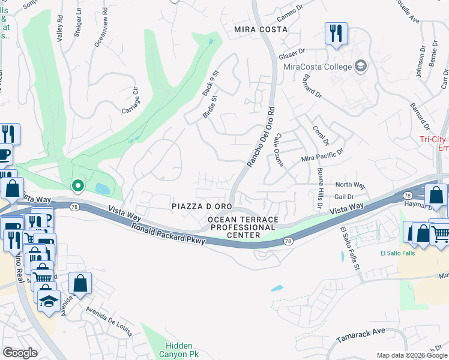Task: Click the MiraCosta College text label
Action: click(x=317, y=66)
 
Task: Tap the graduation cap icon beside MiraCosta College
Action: click(x=361, y=65)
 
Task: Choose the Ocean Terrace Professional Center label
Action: click(x=242, y=227)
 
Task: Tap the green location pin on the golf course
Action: click(x=77, y=186)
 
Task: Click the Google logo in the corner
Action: click(x=20, y=353)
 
